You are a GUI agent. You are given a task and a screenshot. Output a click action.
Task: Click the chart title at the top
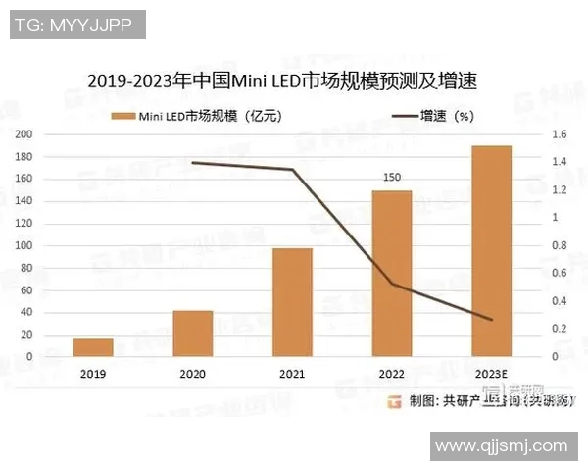288,79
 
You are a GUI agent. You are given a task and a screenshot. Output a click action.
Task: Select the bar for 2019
92,346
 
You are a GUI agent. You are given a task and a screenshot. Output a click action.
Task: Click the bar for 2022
392,273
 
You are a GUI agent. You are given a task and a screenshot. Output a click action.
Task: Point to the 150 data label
392,178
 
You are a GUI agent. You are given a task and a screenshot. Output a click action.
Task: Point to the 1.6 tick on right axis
561,134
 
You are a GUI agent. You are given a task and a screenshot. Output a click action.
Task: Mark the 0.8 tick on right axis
561,245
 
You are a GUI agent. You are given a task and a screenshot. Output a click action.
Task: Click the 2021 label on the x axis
292,374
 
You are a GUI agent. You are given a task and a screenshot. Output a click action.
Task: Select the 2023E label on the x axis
491,374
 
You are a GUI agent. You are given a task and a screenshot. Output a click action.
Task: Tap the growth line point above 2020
193,162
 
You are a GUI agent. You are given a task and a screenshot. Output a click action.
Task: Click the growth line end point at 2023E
491,319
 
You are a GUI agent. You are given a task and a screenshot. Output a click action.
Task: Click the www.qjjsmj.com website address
501,446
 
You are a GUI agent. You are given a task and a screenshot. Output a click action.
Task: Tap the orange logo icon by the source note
394,401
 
